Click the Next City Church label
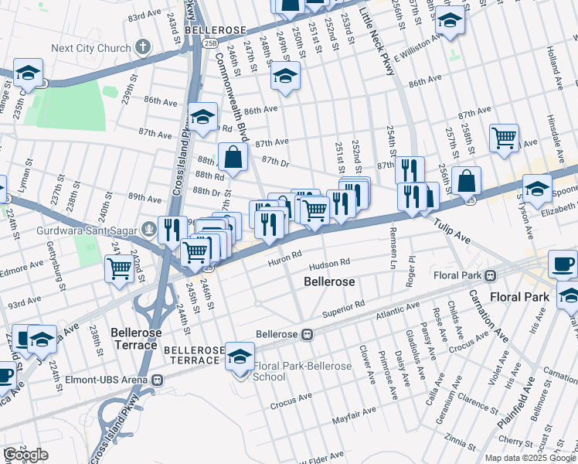(90, 48)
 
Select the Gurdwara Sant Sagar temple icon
(148, 230)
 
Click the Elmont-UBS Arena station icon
(158, 380)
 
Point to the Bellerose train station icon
(307, 335)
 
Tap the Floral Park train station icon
(490, 275)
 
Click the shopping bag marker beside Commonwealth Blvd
(233, 158)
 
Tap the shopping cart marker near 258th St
(504, 139)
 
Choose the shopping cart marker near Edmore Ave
(120, 269)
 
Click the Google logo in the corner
(25, 455)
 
